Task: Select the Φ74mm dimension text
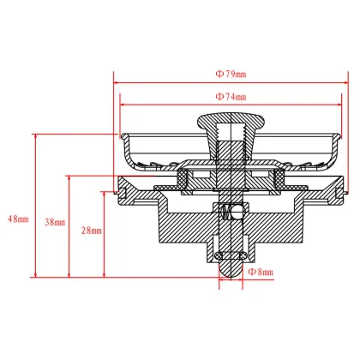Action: [x=231, y=97]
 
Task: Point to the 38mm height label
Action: [x=54, y=222]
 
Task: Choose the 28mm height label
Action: [x=91, y=231]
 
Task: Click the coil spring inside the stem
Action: [x=228, y=212]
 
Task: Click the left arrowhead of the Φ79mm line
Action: [x=117, y=84]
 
